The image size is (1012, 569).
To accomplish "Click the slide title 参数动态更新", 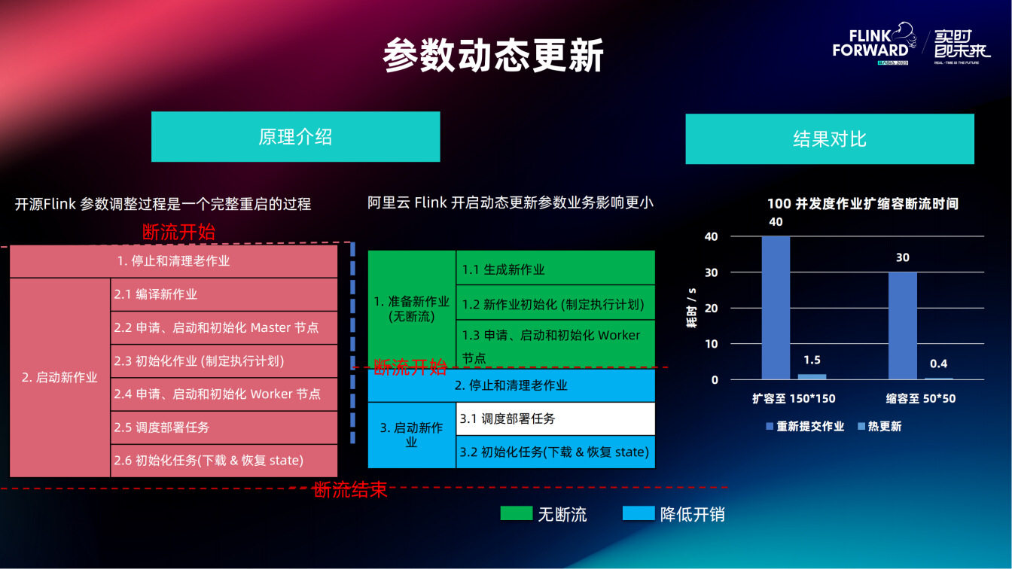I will coord(493,56).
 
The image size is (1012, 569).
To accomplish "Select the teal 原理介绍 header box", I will coord(295,137).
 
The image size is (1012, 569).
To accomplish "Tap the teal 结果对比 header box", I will coord(829,139).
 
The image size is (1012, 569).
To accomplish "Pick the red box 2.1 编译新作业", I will coord(223,294).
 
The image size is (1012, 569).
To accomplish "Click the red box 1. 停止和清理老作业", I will coord(173,261).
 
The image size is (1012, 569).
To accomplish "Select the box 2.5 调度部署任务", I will coord(223,427).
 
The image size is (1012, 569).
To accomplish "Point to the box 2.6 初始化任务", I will coord(223,460).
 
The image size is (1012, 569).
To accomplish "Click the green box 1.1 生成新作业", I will coord(555,269).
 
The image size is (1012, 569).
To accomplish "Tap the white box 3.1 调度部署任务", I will coord(555,418).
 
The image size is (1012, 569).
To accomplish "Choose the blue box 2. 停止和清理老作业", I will coord(511,385).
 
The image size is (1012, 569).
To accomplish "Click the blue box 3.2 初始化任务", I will coord(555,452).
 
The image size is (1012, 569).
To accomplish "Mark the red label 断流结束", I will coord(350,490).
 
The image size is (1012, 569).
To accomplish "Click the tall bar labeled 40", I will coord(776,308).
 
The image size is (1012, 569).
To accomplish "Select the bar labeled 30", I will coord(902,325).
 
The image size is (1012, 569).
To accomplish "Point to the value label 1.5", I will coord(812,361).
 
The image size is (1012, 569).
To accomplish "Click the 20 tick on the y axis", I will coord(712,309).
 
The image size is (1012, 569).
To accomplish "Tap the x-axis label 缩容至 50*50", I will coord(920,399).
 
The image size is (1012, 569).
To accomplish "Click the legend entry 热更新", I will coord(879,427).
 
